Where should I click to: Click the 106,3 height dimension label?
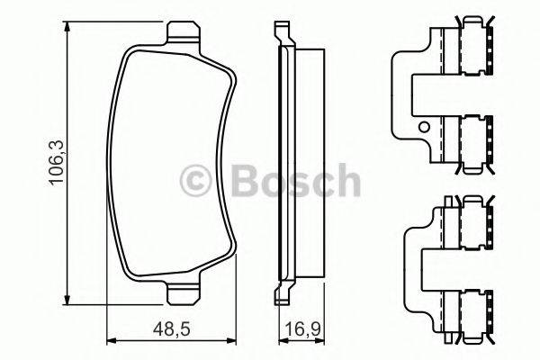pos(57,163)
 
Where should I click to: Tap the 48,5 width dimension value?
pos(172,329)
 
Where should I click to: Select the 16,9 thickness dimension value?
pos(303,329)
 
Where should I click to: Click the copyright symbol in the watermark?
pos(195,180)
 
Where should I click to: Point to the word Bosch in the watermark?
pos(296,180)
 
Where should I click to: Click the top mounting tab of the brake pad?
pos(183,32)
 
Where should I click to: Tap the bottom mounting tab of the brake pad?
pos(183,294)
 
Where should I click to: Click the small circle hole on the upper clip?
pos(424,128)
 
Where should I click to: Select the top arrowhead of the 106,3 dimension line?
pos(67,27)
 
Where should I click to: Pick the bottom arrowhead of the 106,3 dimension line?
pos(67,299)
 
